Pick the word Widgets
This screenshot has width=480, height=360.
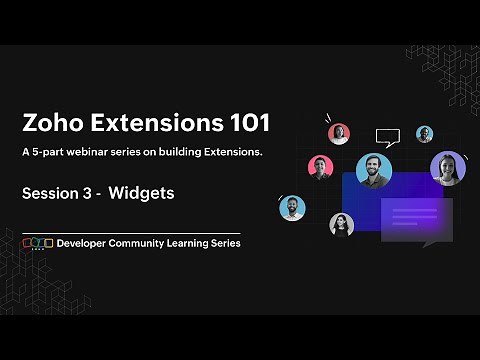tap(142, 193)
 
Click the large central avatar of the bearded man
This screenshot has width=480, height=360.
tap(372, 170)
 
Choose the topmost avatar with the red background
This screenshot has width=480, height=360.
tap(339, 133)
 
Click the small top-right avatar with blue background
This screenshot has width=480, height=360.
tap(424, 133)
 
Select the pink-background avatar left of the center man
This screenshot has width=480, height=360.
tap(319, 166)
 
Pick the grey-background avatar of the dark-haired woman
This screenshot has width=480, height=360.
tap(341, 224)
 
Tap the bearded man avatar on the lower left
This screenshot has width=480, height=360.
tap(292, 208)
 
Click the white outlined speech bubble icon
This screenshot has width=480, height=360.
tap(387, 136)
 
